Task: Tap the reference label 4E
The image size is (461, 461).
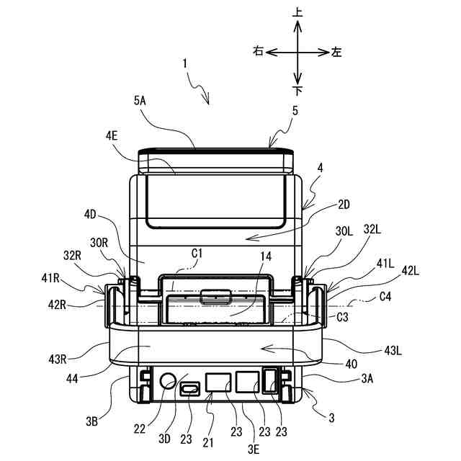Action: [x=111, y=134]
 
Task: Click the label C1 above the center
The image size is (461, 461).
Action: [x=196, y=254]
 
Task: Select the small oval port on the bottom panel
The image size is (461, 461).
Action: [x=191, y=389]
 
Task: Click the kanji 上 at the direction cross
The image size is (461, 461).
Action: [x=297, y=14]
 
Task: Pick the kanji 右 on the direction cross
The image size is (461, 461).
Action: [x=258, y=51]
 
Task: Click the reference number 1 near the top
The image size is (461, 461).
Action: [x=185, y=63]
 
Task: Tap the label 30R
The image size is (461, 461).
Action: [x=98, y=243]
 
